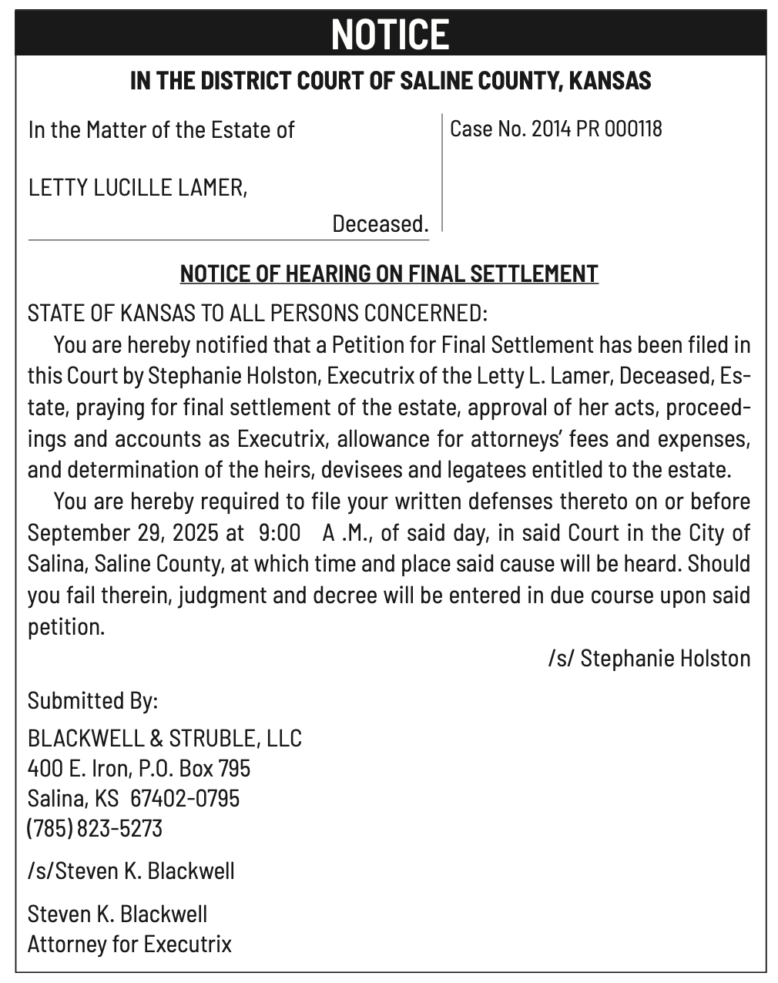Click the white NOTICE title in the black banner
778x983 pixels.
click(390, 35)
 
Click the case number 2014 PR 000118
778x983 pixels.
click(596, 129)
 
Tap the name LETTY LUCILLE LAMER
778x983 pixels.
click(137, 187)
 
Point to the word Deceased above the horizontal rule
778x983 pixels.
click(380, 224)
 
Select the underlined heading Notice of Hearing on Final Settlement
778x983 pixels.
click(389, 273)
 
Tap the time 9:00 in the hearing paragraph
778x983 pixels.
click(274, 533)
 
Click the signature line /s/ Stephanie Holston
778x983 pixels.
click(649, 658)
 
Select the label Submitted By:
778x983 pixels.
click(92, 701)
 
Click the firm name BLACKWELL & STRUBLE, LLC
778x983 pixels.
click(164, 738)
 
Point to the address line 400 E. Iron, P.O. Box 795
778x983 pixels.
click(139, 768)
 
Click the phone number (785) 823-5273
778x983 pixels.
click(95, 828)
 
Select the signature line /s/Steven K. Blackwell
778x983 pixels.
click(131, 871)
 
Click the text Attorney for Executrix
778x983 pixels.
click(129, 944)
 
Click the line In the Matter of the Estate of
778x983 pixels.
click(161, 129)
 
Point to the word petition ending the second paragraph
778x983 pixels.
click(65, 627)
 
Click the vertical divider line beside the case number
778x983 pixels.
click(442, 173)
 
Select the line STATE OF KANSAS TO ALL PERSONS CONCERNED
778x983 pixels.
click(257, 314)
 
